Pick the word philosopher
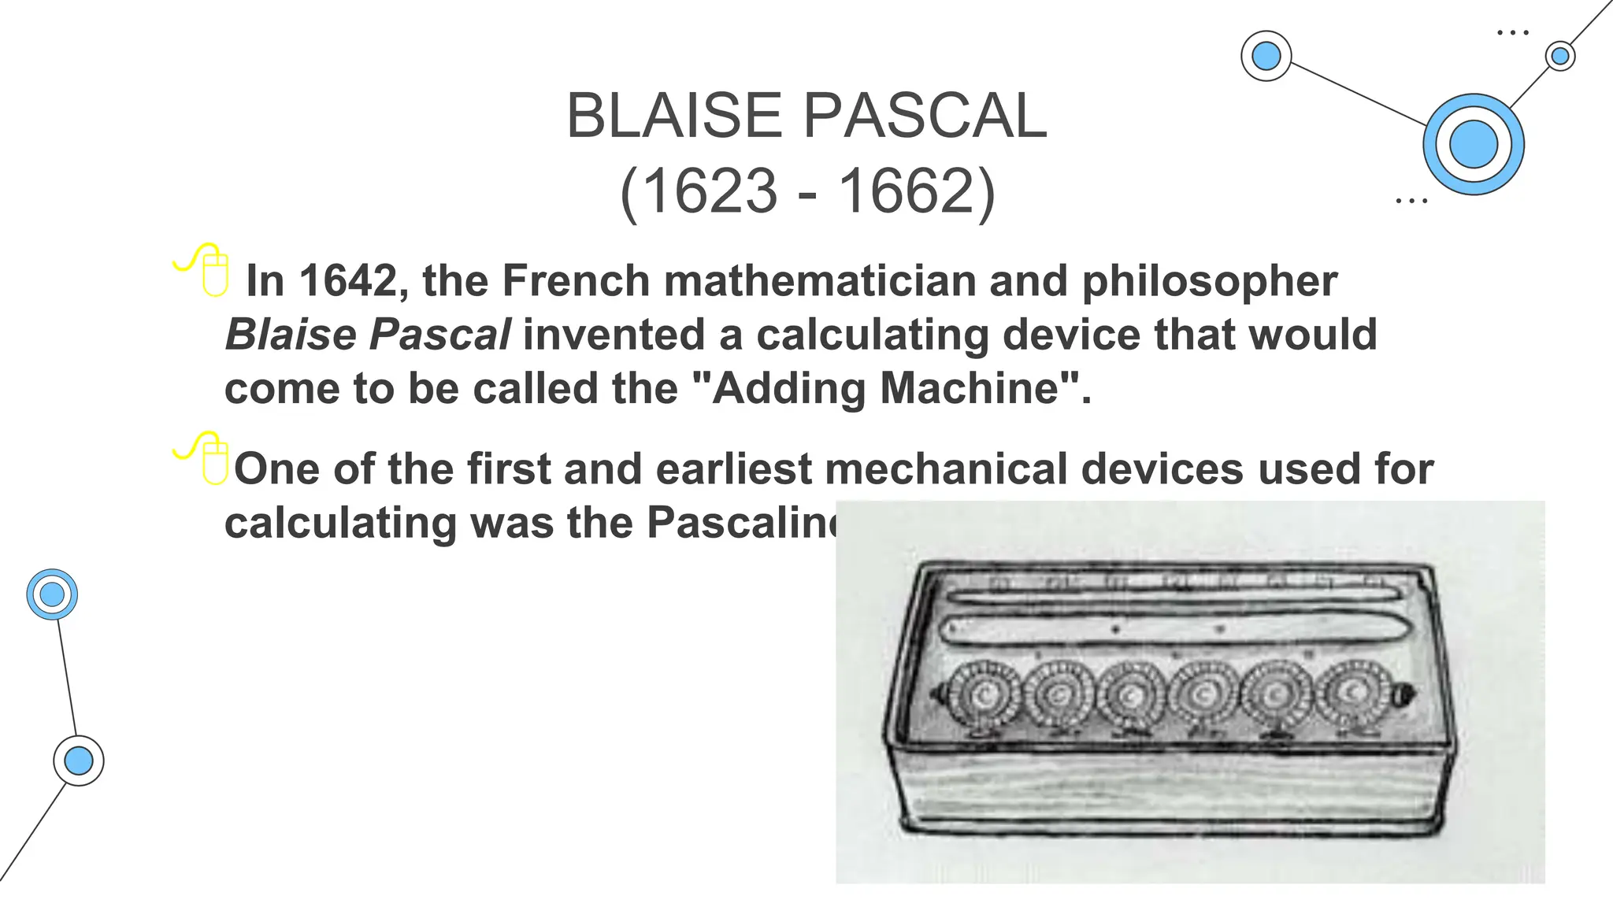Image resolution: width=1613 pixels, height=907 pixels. (1209, 280)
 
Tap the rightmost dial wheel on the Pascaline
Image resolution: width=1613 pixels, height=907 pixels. (1356, 693)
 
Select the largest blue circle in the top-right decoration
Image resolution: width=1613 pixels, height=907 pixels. (1473, 144)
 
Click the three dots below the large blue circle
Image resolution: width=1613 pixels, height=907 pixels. (1411, 202)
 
